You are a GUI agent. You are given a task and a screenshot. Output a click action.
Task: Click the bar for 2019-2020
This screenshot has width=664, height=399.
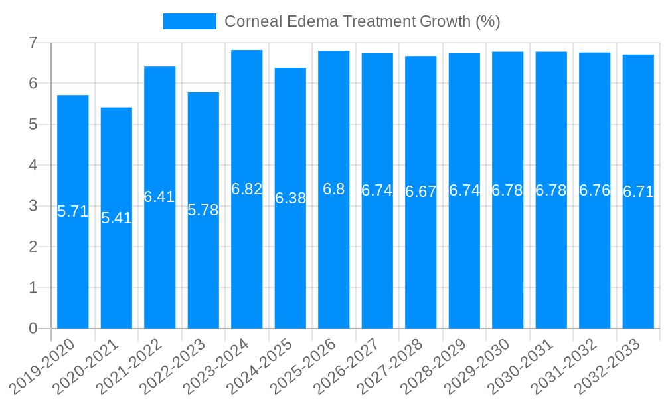tap(72, 266)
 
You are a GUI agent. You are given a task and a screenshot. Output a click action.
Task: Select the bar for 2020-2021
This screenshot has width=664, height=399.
tap(116, 273)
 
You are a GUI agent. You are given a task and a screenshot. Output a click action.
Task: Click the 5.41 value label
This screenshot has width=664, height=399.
tap(116, 218)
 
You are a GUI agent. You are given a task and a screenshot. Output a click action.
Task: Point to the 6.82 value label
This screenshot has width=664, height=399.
tap(247, 189)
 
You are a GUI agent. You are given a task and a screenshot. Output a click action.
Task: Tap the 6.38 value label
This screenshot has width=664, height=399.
tap(290, 198)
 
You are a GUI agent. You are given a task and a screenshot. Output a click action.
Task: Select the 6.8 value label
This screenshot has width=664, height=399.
tap(334, 189)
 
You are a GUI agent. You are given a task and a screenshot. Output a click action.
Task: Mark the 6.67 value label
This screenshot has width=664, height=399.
tap(421, 192)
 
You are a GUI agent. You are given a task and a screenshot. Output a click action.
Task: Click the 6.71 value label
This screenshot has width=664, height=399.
tap(638, 192)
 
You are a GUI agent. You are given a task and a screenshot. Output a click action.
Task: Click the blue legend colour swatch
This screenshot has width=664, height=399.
tap(190, 21)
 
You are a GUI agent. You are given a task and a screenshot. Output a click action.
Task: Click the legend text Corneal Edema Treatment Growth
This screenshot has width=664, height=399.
tap(362, 21)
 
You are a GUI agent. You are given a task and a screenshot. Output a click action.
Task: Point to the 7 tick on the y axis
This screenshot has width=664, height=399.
tap(33, 43)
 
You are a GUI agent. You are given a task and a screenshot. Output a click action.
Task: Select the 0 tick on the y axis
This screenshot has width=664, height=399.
tap(33, 329)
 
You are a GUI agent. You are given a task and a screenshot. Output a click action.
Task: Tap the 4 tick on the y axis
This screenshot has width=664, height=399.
tap(33, 165)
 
